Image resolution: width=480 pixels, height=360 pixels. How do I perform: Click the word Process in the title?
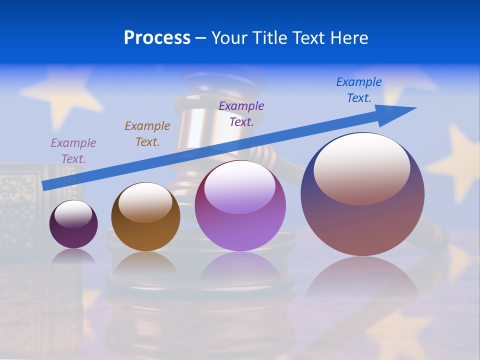(157, 38)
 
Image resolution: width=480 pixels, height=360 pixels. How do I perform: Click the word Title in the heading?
(270, 38)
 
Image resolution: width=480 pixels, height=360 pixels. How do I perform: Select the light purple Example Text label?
(73, 151)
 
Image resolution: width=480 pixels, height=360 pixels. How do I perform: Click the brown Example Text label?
(147, 134)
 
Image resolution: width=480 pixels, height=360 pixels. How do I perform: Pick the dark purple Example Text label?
(241, 113)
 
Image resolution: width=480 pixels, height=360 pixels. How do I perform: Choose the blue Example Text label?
(359, 90)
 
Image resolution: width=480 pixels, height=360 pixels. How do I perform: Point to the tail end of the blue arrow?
(45, 185)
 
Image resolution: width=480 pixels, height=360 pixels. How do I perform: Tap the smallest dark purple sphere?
(73, 235)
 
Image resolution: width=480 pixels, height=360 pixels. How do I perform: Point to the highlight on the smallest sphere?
(73, 214)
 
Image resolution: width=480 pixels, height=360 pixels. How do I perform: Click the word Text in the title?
(307, 38)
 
